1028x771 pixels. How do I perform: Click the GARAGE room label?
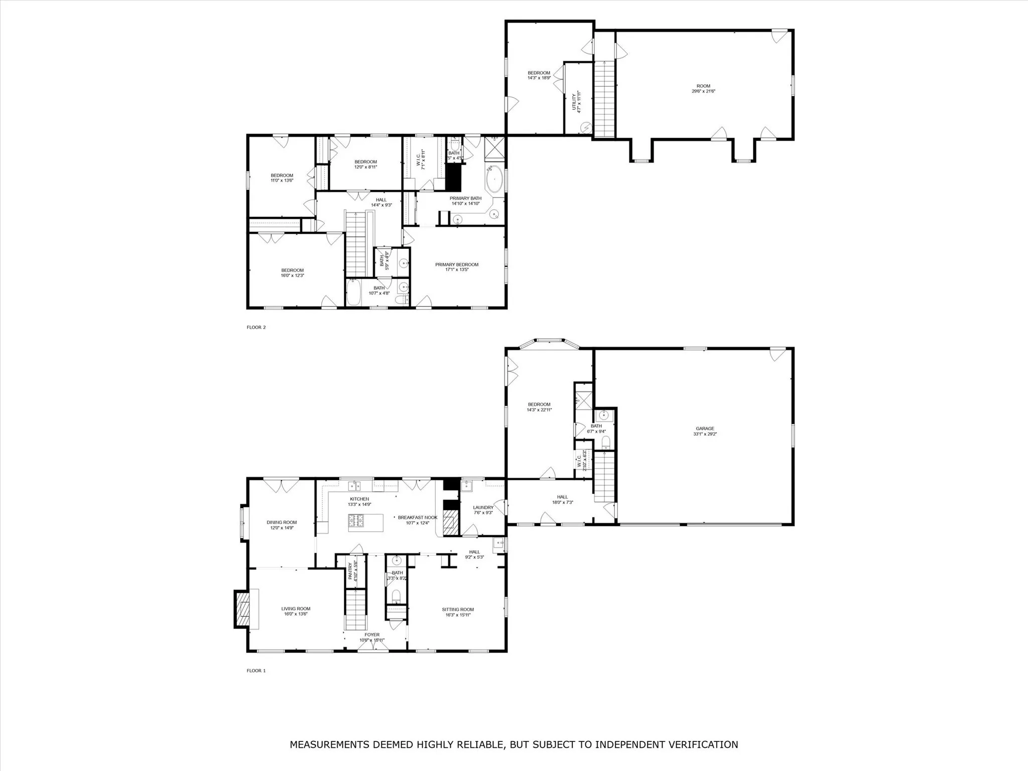coord(705,428)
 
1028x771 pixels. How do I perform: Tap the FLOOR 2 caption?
coord(256,327)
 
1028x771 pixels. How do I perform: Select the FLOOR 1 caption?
coord(256,670)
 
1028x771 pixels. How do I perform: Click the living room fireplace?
coord(243,609)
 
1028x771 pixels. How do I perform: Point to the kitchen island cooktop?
coord(357,522)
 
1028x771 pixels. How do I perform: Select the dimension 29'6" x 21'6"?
coord(703,91)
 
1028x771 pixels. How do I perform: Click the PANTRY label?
coord(350,571)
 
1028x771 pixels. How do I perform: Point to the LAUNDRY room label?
coord(483,507)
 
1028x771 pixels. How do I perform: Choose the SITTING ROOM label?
coord(458,609)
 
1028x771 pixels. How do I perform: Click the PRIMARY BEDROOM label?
coord(457,265)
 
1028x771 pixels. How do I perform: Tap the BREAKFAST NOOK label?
coord(418,517)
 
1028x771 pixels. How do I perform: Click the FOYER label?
coord(372,634)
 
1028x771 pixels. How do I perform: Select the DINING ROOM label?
coord(282,522)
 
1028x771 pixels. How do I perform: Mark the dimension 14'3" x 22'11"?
coord(539,410)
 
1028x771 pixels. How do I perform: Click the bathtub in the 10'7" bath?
coord(353,293)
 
